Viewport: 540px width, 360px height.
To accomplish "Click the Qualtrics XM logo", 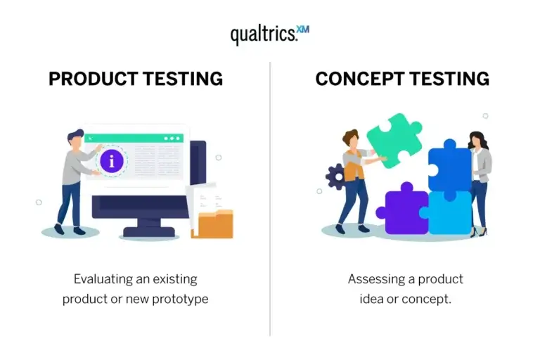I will (269, 34).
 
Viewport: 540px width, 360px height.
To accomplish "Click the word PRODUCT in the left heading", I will (92, 79).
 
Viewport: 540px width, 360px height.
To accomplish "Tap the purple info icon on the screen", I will (111, 161).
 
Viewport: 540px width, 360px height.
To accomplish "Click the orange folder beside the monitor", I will (215, 224).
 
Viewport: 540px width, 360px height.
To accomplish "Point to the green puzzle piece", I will (394, 140).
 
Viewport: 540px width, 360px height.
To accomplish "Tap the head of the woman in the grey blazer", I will (476, 139).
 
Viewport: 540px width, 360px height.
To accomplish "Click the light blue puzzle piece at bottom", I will (449, 212).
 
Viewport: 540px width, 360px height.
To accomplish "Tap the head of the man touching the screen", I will (76, 138).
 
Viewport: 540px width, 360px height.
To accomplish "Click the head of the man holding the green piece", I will (350, 138).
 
